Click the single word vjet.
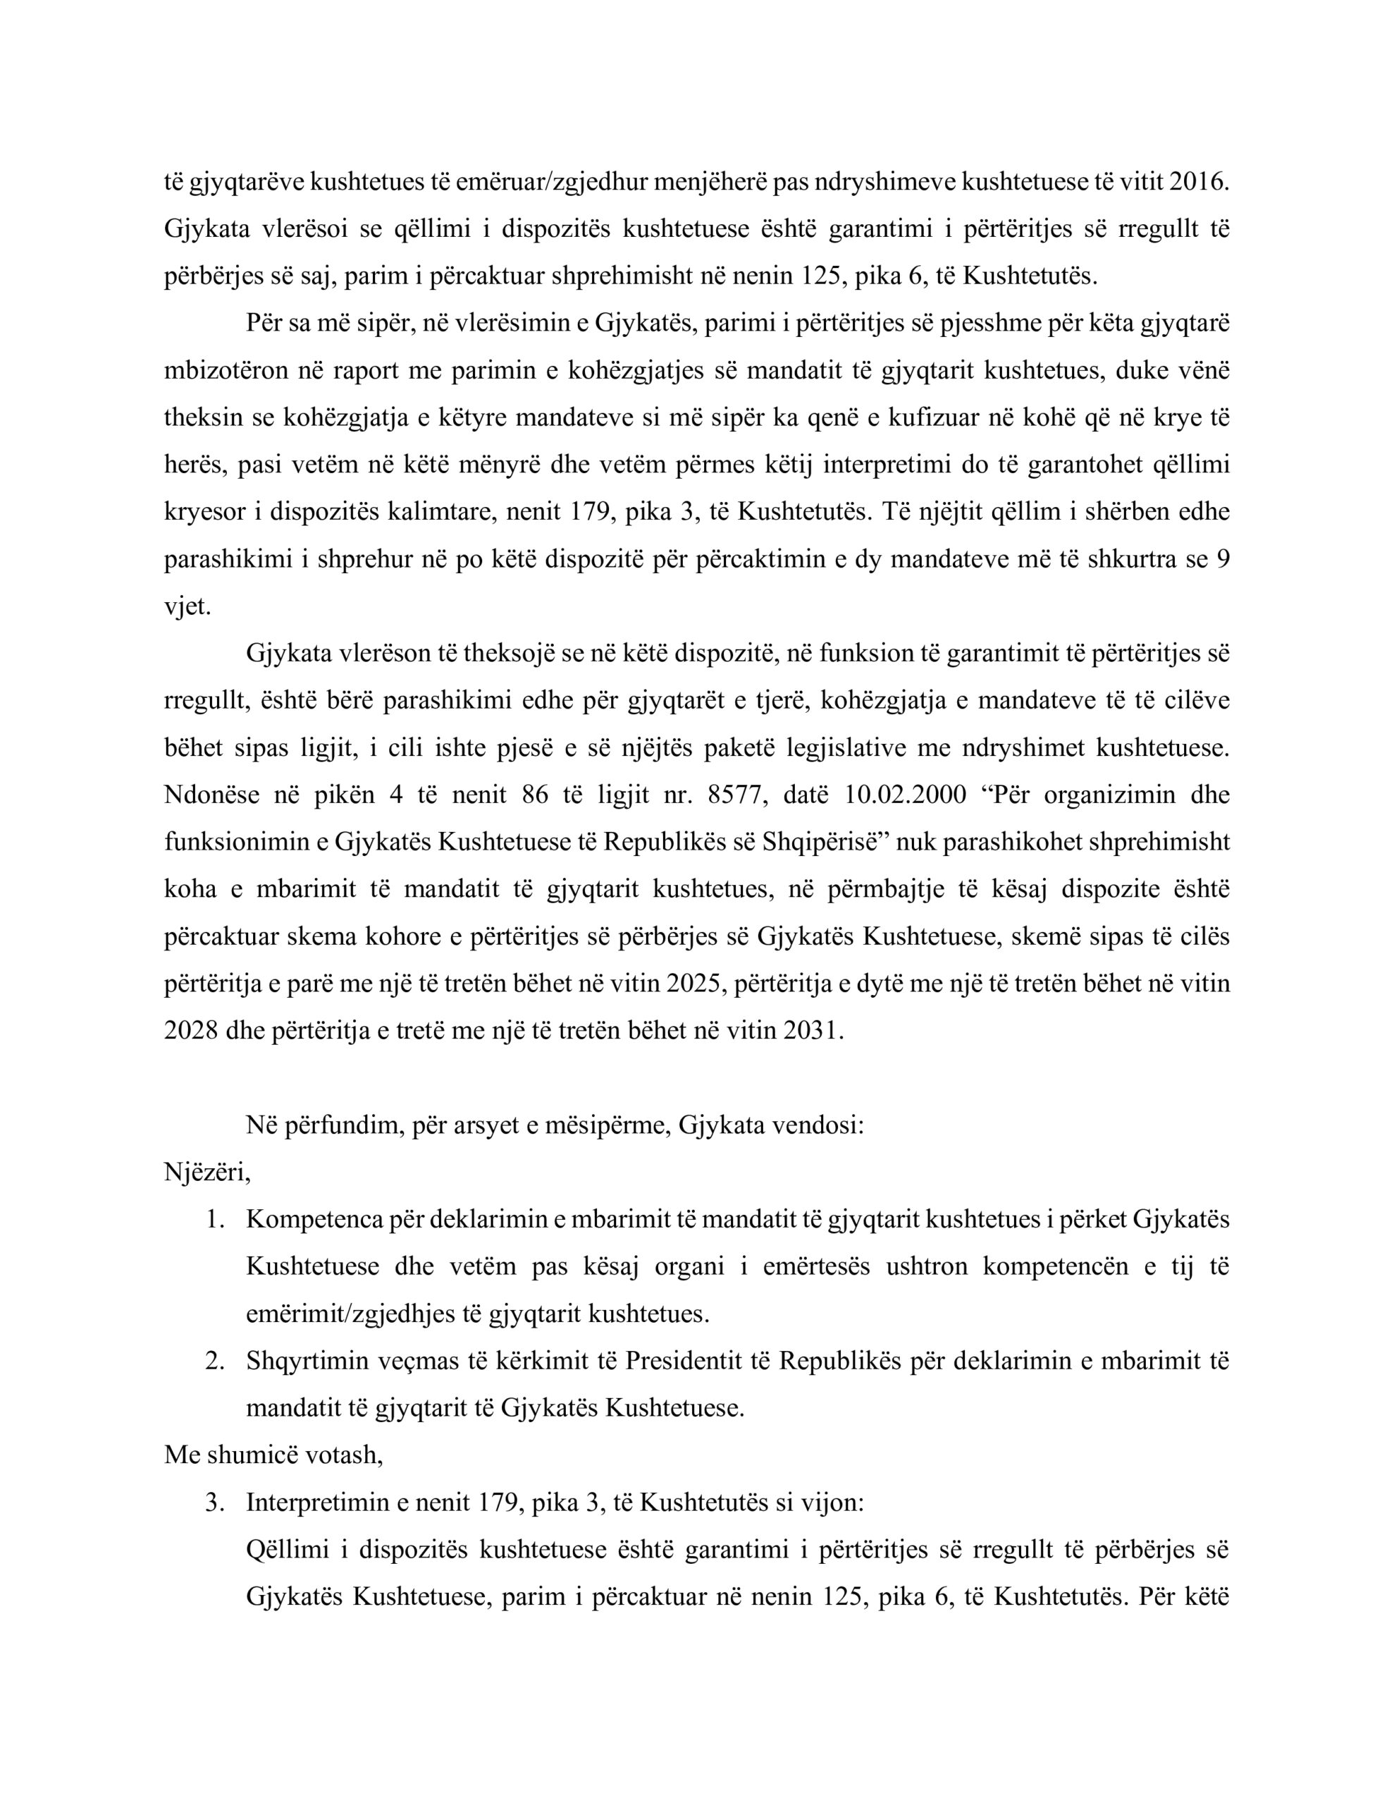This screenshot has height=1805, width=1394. (x=187, y=606)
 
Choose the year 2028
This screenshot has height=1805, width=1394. (x=187, y=1032)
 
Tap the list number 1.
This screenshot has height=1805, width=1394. (x=214, y=1220)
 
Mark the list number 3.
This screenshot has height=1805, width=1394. (x=214, y=1503)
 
